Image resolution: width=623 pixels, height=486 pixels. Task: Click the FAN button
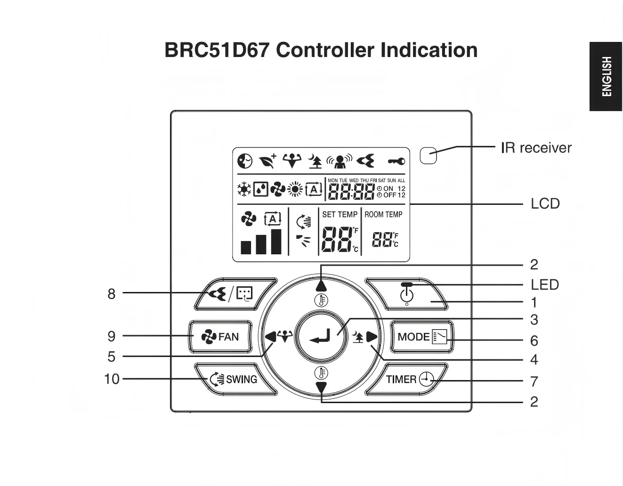coord(220,337)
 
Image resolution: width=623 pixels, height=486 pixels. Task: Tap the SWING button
coord(235,380)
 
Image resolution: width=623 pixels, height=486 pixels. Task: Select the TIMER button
coord(406,380)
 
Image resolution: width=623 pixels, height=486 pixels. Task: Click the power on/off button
coord(406,294)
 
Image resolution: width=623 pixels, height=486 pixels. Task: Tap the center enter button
coord(321,337)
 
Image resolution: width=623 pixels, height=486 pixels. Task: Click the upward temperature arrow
coord(321,286)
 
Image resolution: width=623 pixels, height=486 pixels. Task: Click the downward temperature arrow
coord(321,388)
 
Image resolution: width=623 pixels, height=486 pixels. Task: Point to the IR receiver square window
coord(428,156)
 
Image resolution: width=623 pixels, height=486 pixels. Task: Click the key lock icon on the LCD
coord(396,161)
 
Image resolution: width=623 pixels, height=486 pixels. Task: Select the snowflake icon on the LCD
coord(244,189)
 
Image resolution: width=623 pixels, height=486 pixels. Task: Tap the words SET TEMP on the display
coord(340,214)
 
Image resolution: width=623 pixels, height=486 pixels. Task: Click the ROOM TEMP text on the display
coord(383,214)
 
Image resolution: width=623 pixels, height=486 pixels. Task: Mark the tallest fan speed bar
coord(276,242)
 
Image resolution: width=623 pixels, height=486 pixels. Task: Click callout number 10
coord(112,379)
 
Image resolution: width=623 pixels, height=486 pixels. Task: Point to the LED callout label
coord(545,285)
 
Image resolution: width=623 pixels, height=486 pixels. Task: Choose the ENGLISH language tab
coord(606,76)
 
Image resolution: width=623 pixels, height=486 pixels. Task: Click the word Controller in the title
coord(325,50)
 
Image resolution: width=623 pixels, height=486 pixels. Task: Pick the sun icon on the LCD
coord(295,189)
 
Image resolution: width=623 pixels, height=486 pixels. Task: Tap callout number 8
coord(112,294)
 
